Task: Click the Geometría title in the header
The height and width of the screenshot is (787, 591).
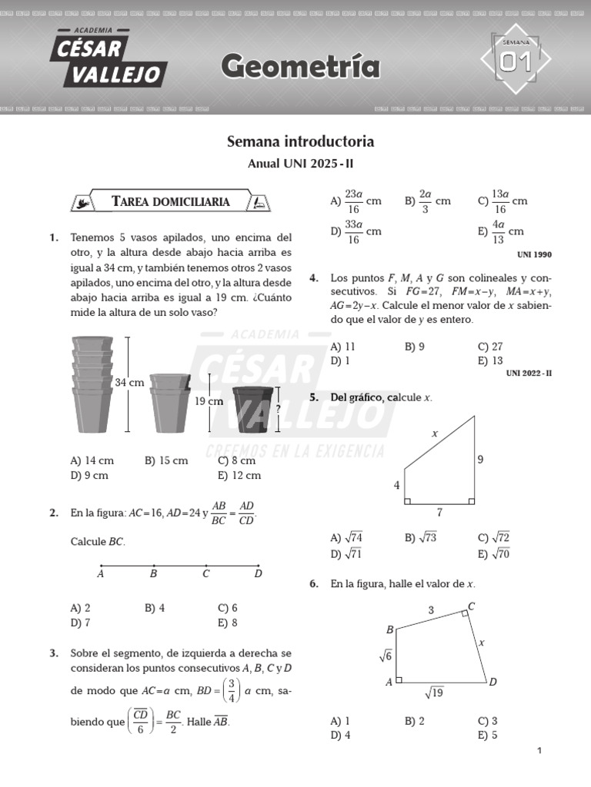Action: tap(300, 68)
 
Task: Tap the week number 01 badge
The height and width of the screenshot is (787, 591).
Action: tap(516, 61)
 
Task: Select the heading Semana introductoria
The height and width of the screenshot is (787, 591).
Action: tap(300, 142)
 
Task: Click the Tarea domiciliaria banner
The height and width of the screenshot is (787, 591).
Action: tap(171, 201)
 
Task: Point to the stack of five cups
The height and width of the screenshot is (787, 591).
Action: tap(92, 384)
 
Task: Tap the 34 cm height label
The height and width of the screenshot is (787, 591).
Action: tap(129, 382)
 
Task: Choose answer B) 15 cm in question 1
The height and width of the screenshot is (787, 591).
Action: tap(165, 460)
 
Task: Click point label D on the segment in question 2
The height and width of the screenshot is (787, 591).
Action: tap(258, 573)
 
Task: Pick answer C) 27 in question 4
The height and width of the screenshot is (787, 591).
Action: tap(489, 347)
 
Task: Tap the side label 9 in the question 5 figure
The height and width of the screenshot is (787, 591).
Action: tap(480, 460)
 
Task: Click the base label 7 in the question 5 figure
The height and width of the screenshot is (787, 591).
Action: tap(439, 511)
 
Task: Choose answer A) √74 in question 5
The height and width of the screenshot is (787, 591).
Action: tap(346, 538)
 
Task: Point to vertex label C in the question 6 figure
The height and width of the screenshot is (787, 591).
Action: tap(471, 607)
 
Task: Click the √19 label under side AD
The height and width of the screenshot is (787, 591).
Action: tap(435, 693)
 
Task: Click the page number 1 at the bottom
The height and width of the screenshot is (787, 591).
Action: tap(539, 751)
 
